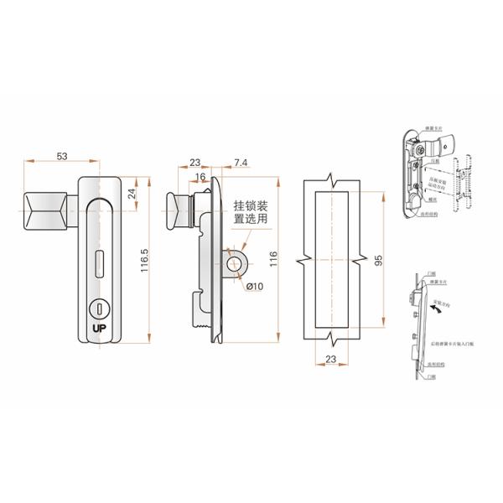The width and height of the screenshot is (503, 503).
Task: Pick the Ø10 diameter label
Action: point(253,287)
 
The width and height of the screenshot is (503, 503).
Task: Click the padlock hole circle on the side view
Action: point(233,263)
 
